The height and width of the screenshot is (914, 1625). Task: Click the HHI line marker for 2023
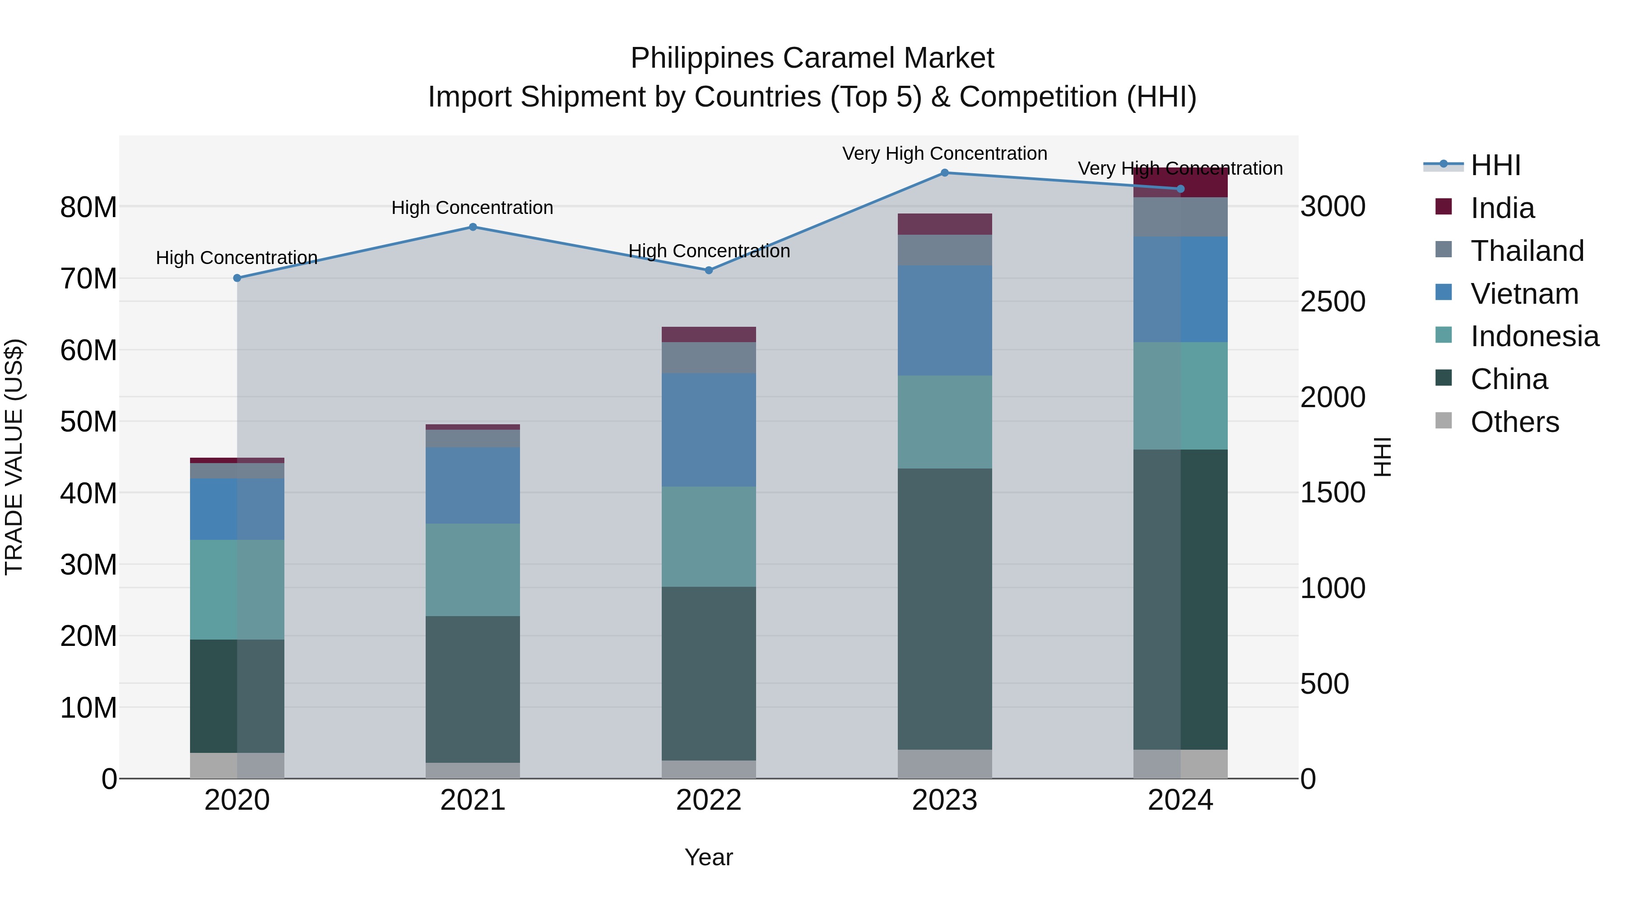pyautogui.click(x=944, y=173)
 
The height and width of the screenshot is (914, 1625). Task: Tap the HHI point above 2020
pyautogui.click(x=237, y=278)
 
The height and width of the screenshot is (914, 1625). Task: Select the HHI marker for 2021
pyautogui.click(x=473, y=227)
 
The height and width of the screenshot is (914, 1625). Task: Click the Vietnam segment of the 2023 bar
pyautogui.click(x=944, y=320)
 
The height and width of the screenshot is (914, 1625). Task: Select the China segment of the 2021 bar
pyautogui.click(x=473, y=689)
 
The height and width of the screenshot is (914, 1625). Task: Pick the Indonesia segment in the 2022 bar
pyautogui.click(x=708, y=536)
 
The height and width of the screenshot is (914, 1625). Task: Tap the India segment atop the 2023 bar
pyautogui.click(x=944, y=224)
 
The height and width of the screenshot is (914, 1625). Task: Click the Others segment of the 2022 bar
pyautogui.click(x=708, y=769)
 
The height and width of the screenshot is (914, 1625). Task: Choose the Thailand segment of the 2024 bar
pyautogui.click(x=1180, y=217)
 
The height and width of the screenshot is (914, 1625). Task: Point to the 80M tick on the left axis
pyautogui.click(x=88, y=207)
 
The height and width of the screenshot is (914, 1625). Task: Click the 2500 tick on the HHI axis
pyautogui.click(x=1332, y=302)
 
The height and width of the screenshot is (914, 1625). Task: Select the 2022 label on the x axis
pyautogui.click(x=708, y=800)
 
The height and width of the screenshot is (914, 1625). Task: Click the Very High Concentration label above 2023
pyautogui.click(x=944, y=153)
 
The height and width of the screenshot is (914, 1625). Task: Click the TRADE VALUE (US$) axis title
pyautogui.click(x=15, y=457)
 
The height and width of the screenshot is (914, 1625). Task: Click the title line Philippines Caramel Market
pyautogui.click(x=812, y=58)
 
